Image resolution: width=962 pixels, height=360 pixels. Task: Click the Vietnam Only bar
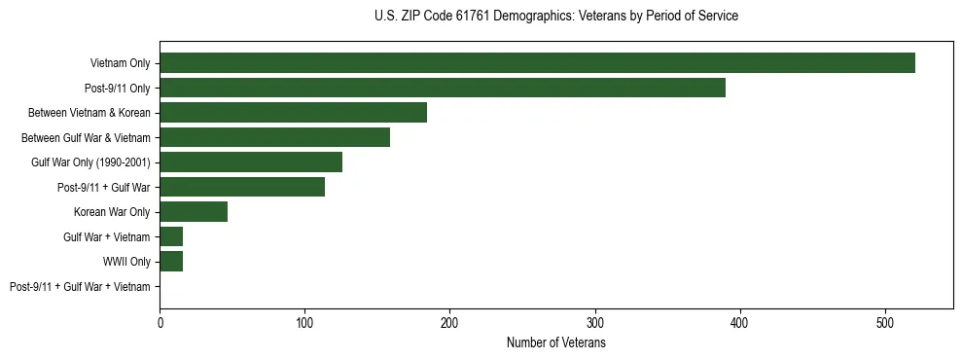[x=537, y=63]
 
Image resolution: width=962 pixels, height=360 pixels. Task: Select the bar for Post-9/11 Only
[x=443, y=88]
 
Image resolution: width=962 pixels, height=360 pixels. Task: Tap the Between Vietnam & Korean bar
[x=293, y=113]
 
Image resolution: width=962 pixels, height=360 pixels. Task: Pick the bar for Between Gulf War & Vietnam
[x=274, y=137]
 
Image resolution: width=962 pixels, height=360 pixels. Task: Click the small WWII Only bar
[x=171, y=262]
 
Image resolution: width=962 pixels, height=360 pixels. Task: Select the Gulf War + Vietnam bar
[x=171, y=236]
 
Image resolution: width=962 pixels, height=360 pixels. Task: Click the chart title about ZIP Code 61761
[x=555, y=17]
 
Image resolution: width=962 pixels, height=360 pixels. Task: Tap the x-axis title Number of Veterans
[x=555, y=343]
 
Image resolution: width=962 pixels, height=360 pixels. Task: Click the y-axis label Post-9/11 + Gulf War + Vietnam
[x=80, y=287]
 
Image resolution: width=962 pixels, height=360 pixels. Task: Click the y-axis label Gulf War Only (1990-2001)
[x=90, y=162]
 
